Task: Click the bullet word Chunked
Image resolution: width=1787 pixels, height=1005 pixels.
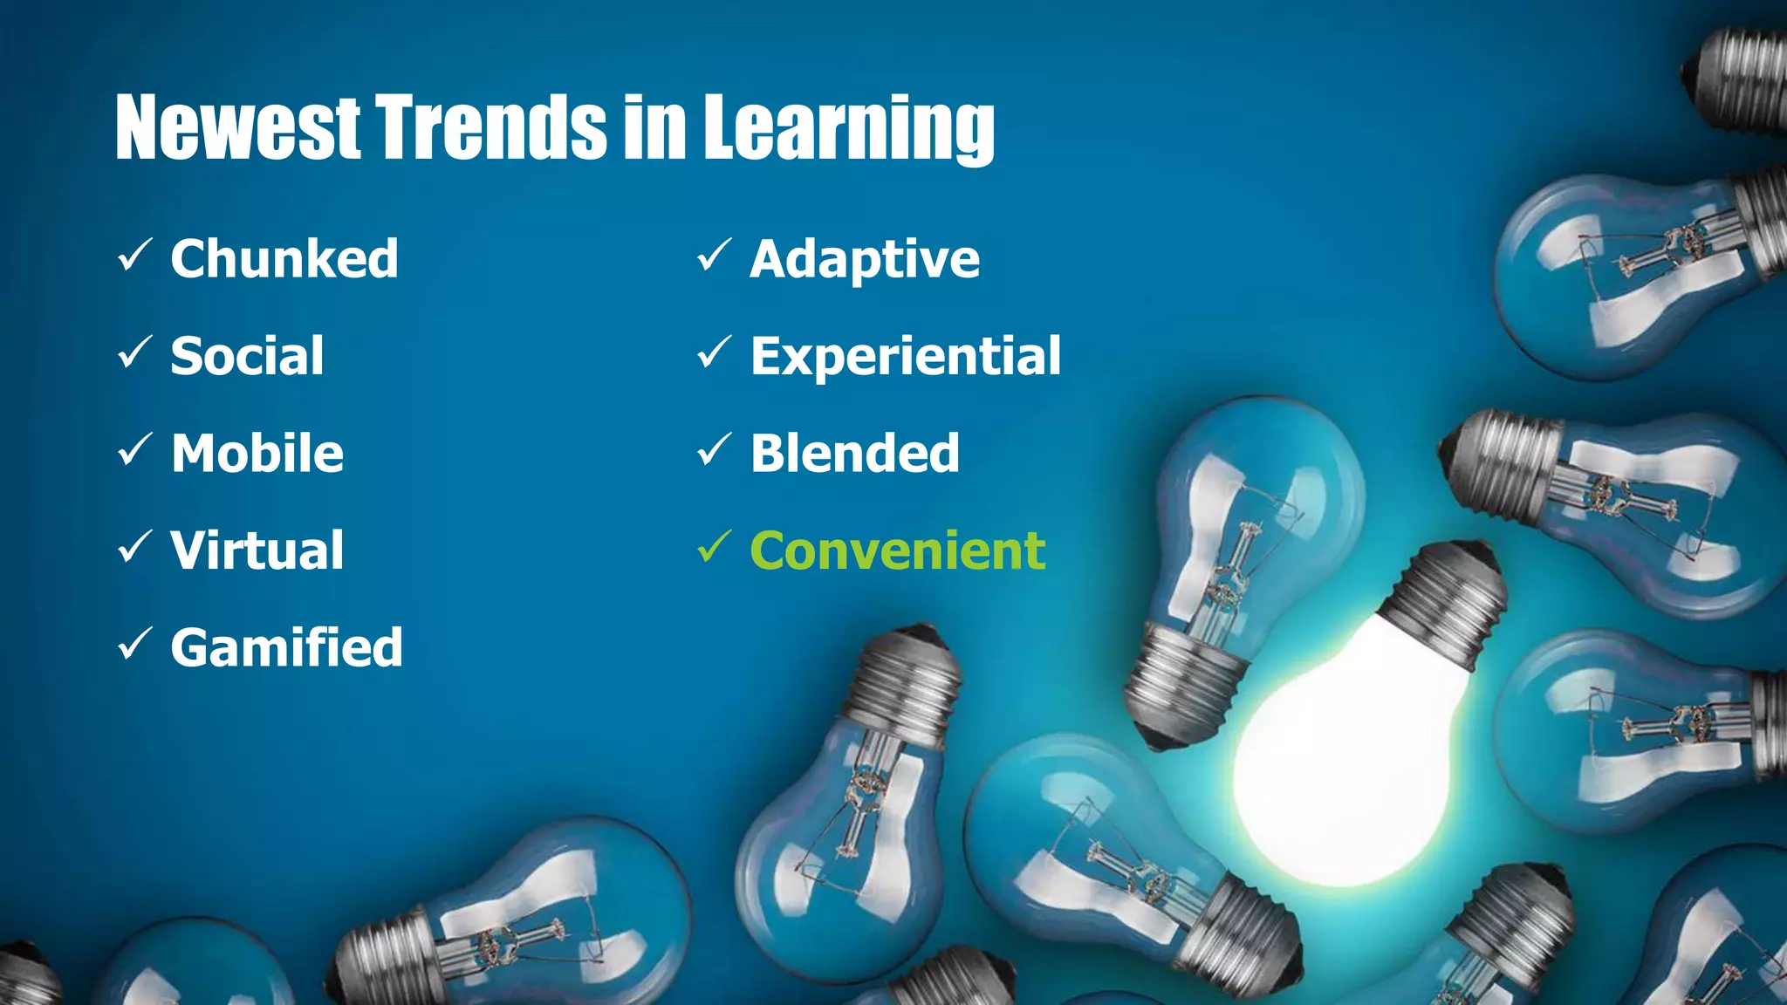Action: click(x=284, y=259)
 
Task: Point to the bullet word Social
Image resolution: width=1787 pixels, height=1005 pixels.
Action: click(x=247, y=356)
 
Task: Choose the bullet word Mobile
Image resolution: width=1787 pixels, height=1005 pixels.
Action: click(x=257, y=454)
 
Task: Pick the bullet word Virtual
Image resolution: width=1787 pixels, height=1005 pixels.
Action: click(x=257, y=550)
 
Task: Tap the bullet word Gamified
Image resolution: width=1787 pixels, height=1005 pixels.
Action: click(x=287, y=647)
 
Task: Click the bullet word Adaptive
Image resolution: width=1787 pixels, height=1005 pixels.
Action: click(x=865, y=259)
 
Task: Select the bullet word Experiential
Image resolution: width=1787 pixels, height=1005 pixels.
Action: click(x=906, y=356)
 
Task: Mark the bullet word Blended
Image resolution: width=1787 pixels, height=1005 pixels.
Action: click(x=855, y=454)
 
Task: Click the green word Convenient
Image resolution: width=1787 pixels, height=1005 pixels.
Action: click(x=898, y=550)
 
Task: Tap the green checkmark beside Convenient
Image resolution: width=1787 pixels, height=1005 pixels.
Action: click(x=713, y=547)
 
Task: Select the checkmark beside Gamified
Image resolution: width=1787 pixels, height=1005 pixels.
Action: click(x=134, y=644)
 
